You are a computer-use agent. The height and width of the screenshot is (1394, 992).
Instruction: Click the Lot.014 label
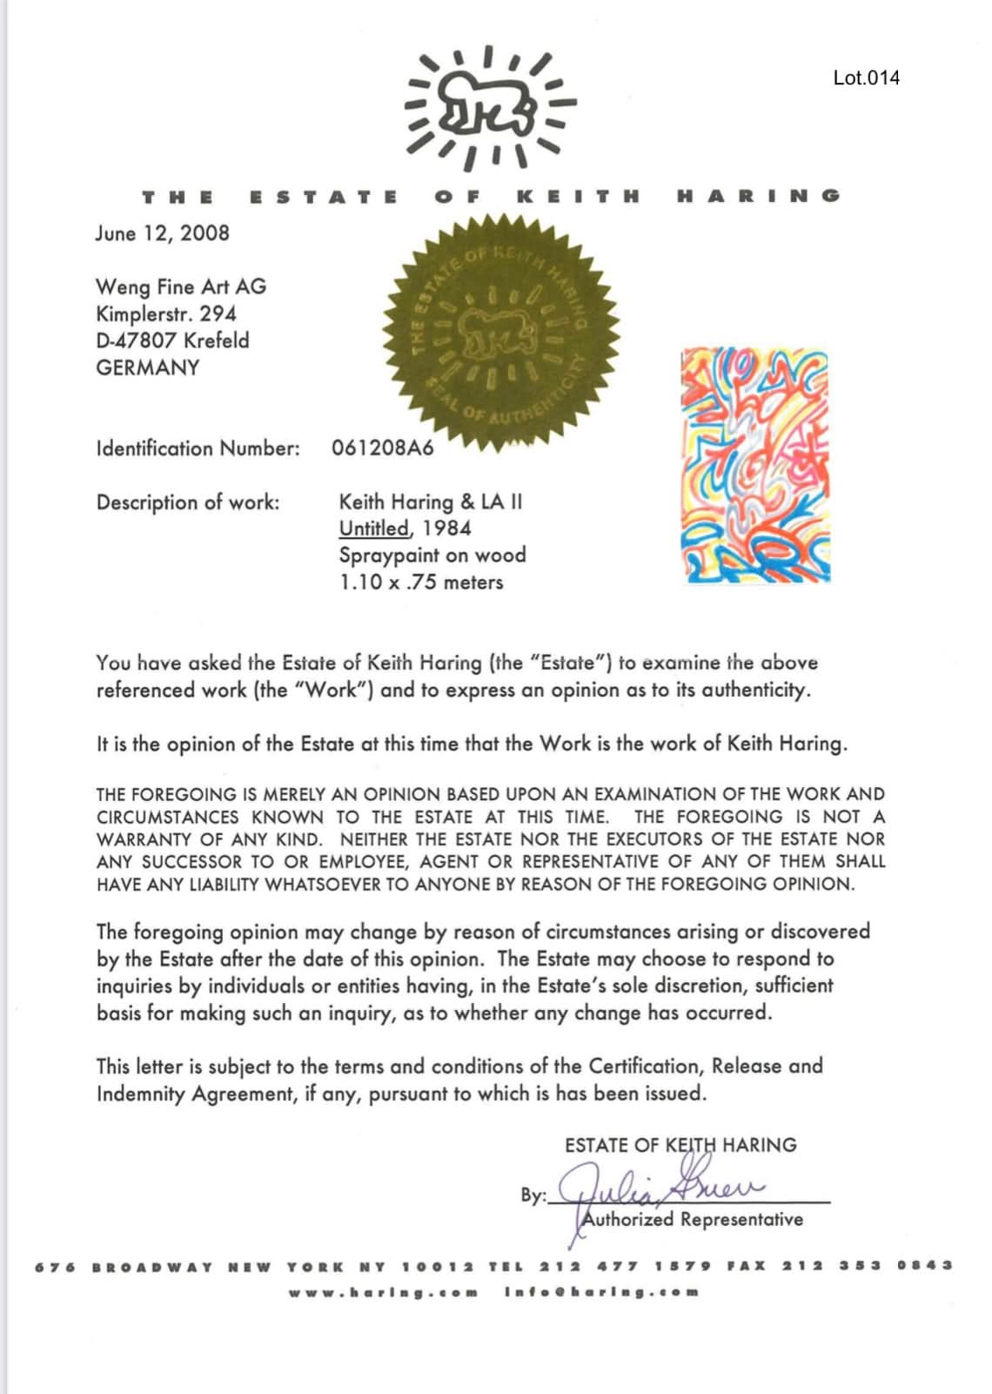866,77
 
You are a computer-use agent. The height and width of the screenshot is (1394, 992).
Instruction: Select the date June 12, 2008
163,233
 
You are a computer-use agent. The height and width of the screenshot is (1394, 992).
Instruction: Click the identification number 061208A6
382,448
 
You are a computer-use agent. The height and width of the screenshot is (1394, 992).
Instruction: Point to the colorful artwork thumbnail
755,465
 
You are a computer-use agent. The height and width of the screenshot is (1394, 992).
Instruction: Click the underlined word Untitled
374,529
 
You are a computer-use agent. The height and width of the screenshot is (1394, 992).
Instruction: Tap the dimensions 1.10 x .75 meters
421,582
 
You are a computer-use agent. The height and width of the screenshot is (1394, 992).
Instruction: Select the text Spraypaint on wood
432,555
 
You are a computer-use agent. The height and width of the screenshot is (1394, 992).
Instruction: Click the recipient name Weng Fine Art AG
181,286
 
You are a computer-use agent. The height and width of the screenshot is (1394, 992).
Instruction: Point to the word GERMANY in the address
148,367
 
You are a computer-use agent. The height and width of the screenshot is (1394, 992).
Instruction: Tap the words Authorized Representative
693,1219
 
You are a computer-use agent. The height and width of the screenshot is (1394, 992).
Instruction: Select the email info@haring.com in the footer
601,1292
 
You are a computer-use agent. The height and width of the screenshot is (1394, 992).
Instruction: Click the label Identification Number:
198,448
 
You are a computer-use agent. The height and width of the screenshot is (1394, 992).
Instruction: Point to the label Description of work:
188,502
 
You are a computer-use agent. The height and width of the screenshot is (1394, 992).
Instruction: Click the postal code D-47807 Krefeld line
172,340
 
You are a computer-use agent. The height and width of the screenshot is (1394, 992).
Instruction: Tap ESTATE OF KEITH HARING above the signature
680,1145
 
